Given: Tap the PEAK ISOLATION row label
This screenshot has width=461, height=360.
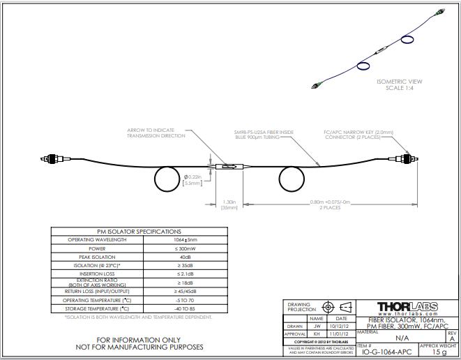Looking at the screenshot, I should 97,257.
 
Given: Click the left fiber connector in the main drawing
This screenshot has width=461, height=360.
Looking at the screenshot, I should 51,159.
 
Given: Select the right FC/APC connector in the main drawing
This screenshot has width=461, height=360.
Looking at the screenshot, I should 402,159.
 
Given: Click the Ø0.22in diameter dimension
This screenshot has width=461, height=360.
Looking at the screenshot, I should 192,179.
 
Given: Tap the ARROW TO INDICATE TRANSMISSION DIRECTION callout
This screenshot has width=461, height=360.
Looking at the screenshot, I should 156,133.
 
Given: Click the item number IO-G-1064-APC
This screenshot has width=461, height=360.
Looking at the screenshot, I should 386,352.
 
